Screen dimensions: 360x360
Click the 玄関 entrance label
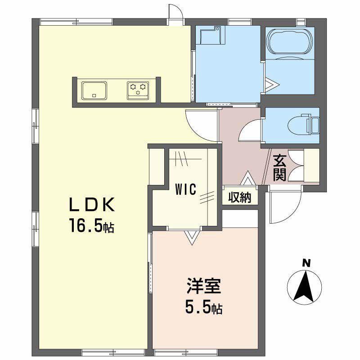click(x=280, y=167)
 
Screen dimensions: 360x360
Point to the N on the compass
click(x=306, y=263)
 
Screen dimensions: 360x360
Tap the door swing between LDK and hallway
click(x=201, y=123)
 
